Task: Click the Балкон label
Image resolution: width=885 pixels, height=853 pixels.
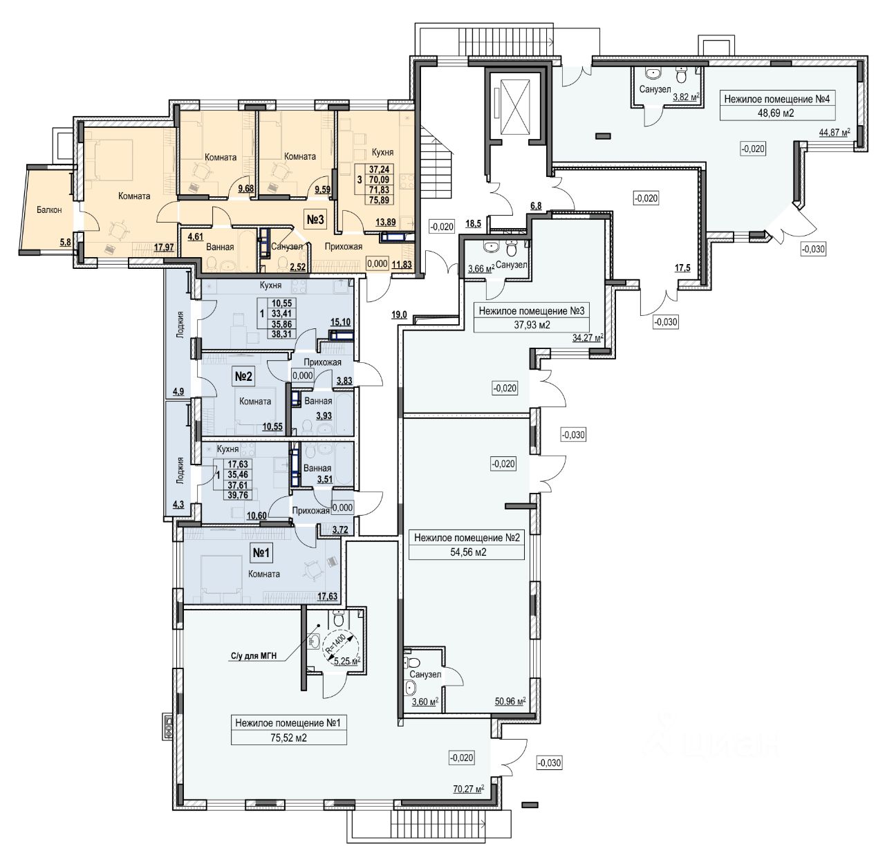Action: click(x=49, y=210)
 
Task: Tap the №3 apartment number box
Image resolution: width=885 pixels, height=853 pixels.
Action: click(x=315, y=220)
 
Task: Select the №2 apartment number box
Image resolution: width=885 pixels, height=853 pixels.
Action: click(x=243, y=377)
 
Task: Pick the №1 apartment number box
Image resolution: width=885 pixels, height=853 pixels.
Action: click(x=261, y=553)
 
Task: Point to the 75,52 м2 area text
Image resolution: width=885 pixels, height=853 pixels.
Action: click(x=288, y=738)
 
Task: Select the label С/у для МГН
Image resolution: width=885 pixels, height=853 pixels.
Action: click(x=254, y=656)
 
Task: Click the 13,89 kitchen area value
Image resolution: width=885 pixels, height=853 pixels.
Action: click(x=386, y=222)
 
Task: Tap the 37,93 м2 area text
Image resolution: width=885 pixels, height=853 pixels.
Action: click(x=532, y=325)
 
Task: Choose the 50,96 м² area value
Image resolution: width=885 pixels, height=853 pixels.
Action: click(x=510, y=701)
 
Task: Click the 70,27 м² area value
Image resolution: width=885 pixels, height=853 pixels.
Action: click(x=468, y=789)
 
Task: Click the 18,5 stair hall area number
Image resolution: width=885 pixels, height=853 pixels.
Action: click(x=473, y=223)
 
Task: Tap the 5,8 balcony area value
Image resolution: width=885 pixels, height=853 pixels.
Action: click(x=66, y=243)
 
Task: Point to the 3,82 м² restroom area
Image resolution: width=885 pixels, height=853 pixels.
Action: click(x=686, y=96)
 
